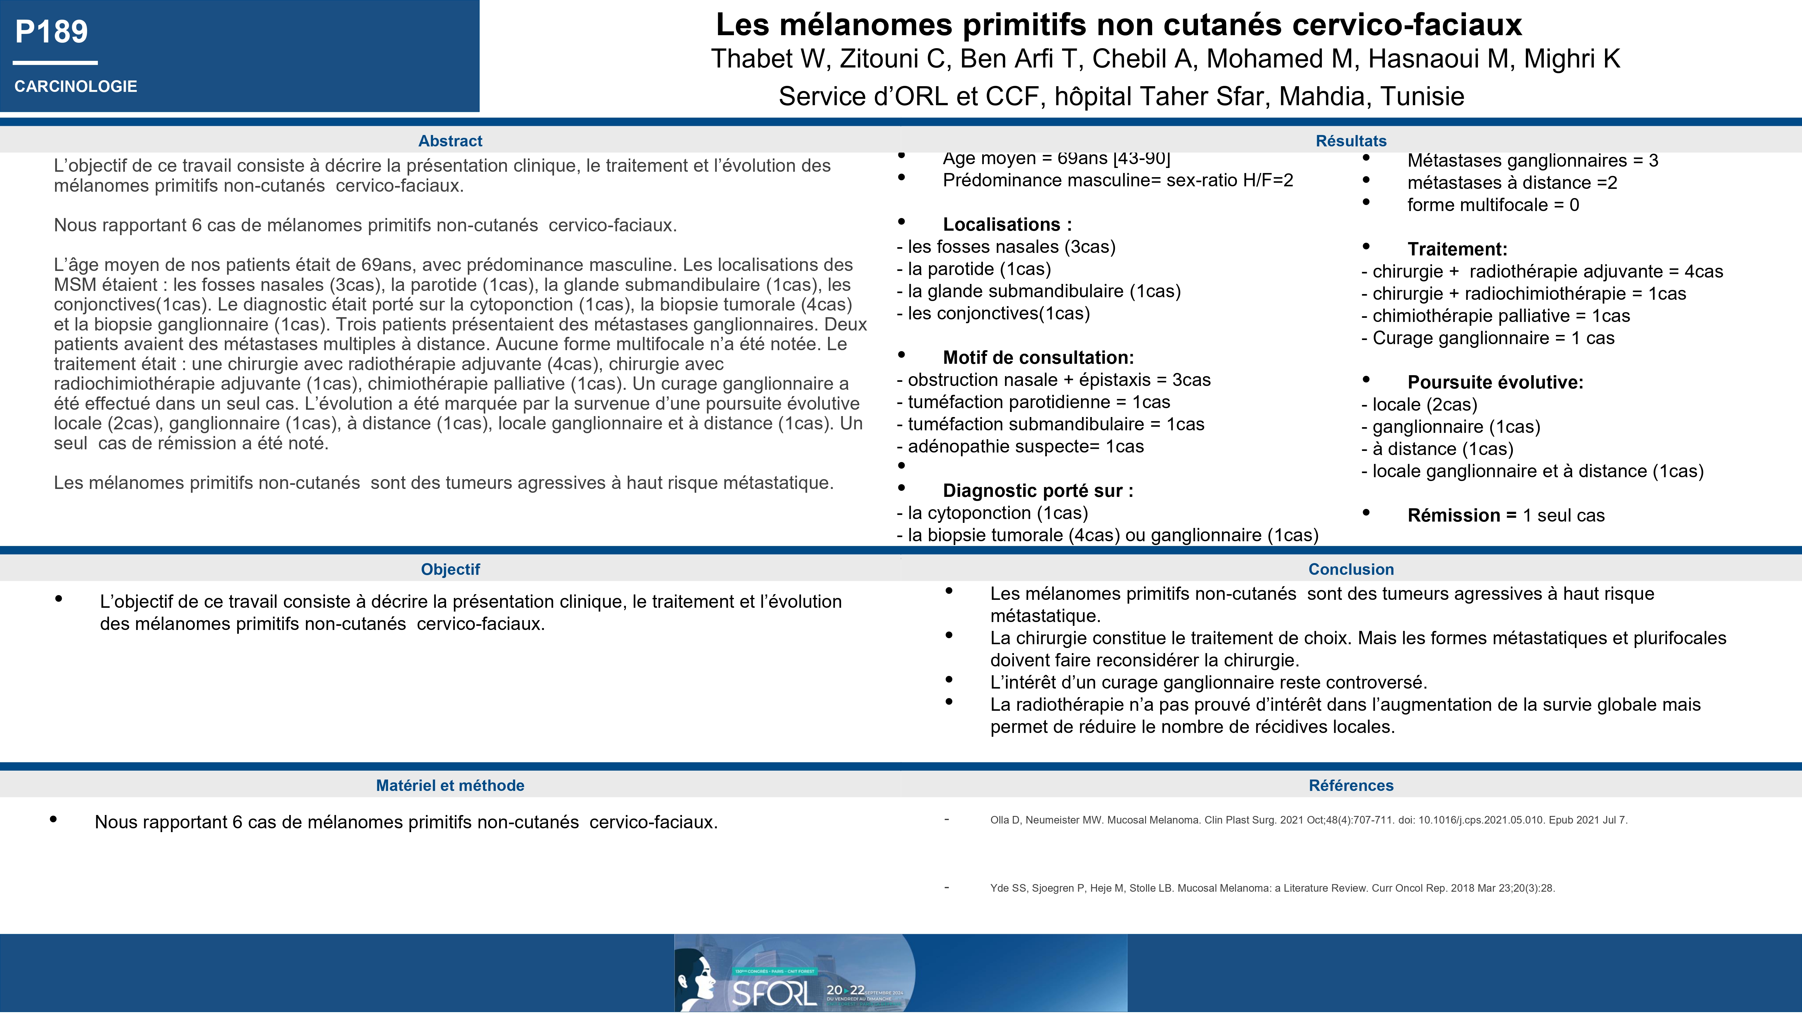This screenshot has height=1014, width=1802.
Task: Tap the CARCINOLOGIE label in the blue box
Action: click(76, 87)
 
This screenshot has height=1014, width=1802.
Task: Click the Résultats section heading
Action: click(1351, 141)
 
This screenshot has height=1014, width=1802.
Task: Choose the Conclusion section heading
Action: click(1351, 570)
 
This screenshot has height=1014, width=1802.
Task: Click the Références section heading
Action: click(1351, 786)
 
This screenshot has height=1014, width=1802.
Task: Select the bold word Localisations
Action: click(1001, 225)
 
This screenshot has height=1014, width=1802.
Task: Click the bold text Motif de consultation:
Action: click(1038, 358)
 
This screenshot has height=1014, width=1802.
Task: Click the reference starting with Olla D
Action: click(1308, 820)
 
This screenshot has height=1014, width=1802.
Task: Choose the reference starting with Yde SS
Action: click(1272, 888)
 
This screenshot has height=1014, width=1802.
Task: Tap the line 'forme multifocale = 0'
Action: click(1493, 205)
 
